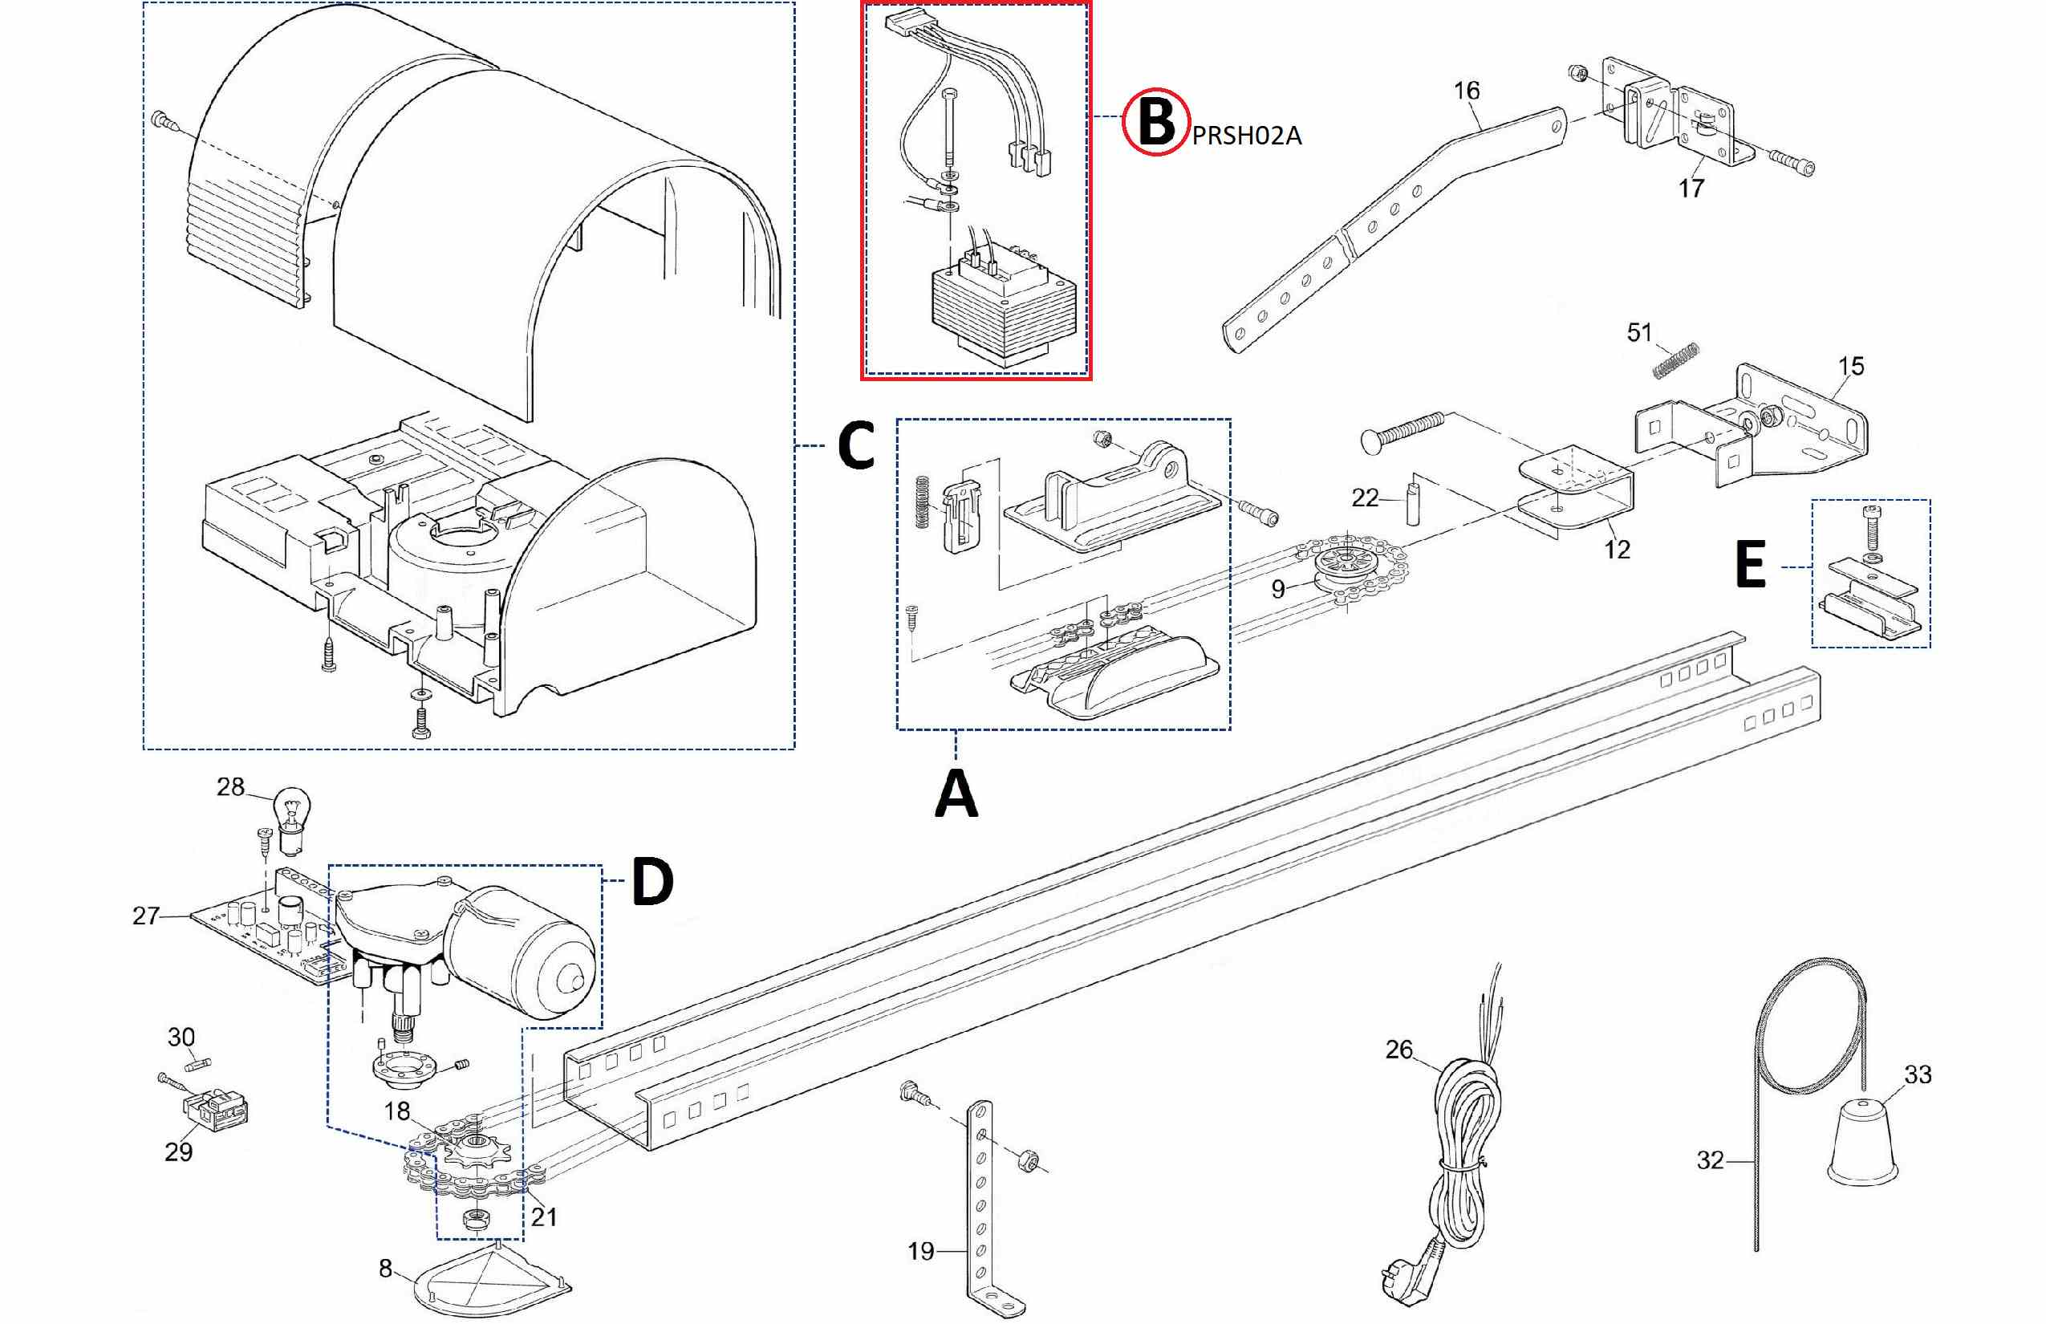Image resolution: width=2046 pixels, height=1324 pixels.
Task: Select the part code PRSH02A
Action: (x=1247, y=136)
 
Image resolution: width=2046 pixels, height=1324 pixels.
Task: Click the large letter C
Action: (x=855, y=446)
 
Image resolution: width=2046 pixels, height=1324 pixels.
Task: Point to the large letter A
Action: (x=956, y=794)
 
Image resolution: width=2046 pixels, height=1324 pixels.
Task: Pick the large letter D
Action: (x=652, y=882)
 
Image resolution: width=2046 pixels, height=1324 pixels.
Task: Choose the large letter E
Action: (x=1751, y=567)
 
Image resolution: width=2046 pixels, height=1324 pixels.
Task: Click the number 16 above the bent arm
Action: (x=1467, y=90)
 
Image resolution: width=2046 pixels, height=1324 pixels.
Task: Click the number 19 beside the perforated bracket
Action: (x=921, y=1251)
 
